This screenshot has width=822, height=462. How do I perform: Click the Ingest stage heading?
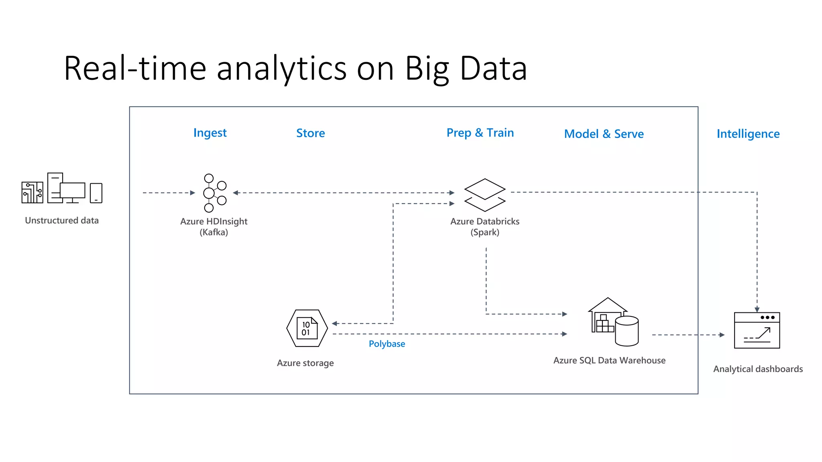210,133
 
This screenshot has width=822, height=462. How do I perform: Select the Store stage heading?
310,133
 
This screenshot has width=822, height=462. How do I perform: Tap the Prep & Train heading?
480,133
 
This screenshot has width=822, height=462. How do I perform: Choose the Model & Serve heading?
604,134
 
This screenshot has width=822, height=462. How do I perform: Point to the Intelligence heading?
748,134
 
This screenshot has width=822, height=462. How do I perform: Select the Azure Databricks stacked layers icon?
485,195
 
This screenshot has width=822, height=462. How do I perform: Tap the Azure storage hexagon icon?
307,328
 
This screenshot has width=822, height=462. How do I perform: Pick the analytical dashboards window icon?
757,330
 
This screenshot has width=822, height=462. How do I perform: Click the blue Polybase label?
387,344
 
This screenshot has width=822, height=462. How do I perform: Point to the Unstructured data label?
62,221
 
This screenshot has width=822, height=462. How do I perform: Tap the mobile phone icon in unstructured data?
96,193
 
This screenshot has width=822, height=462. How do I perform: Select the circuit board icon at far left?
32,192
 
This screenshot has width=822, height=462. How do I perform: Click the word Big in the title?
427,69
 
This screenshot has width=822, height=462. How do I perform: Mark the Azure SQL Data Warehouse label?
609,361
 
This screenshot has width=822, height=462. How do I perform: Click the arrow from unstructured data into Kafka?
169,193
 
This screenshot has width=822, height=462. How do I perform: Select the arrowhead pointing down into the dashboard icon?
757,309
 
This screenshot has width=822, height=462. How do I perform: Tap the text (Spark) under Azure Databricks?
485,233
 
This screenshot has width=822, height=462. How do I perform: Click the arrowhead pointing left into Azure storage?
335,324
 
